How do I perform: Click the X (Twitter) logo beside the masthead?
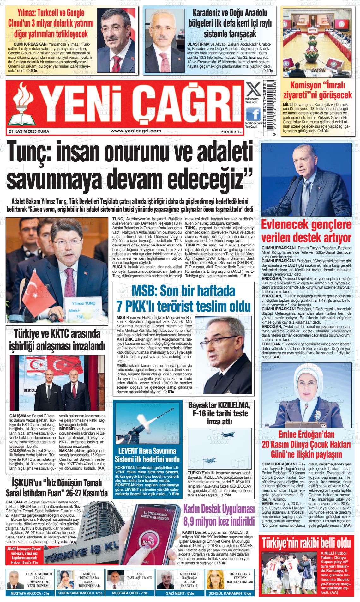tap(254, 90)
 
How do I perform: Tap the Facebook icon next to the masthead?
tap(254, 113)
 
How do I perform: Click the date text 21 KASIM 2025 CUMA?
tap(29, 131)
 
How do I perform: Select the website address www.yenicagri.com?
tap(134, 131)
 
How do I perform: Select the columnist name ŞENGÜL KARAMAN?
tap(225, 593)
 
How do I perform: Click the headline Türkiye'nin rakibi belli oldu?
tap(306, 543)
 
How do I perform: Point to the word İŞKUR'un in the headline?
tap(27, 484)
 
